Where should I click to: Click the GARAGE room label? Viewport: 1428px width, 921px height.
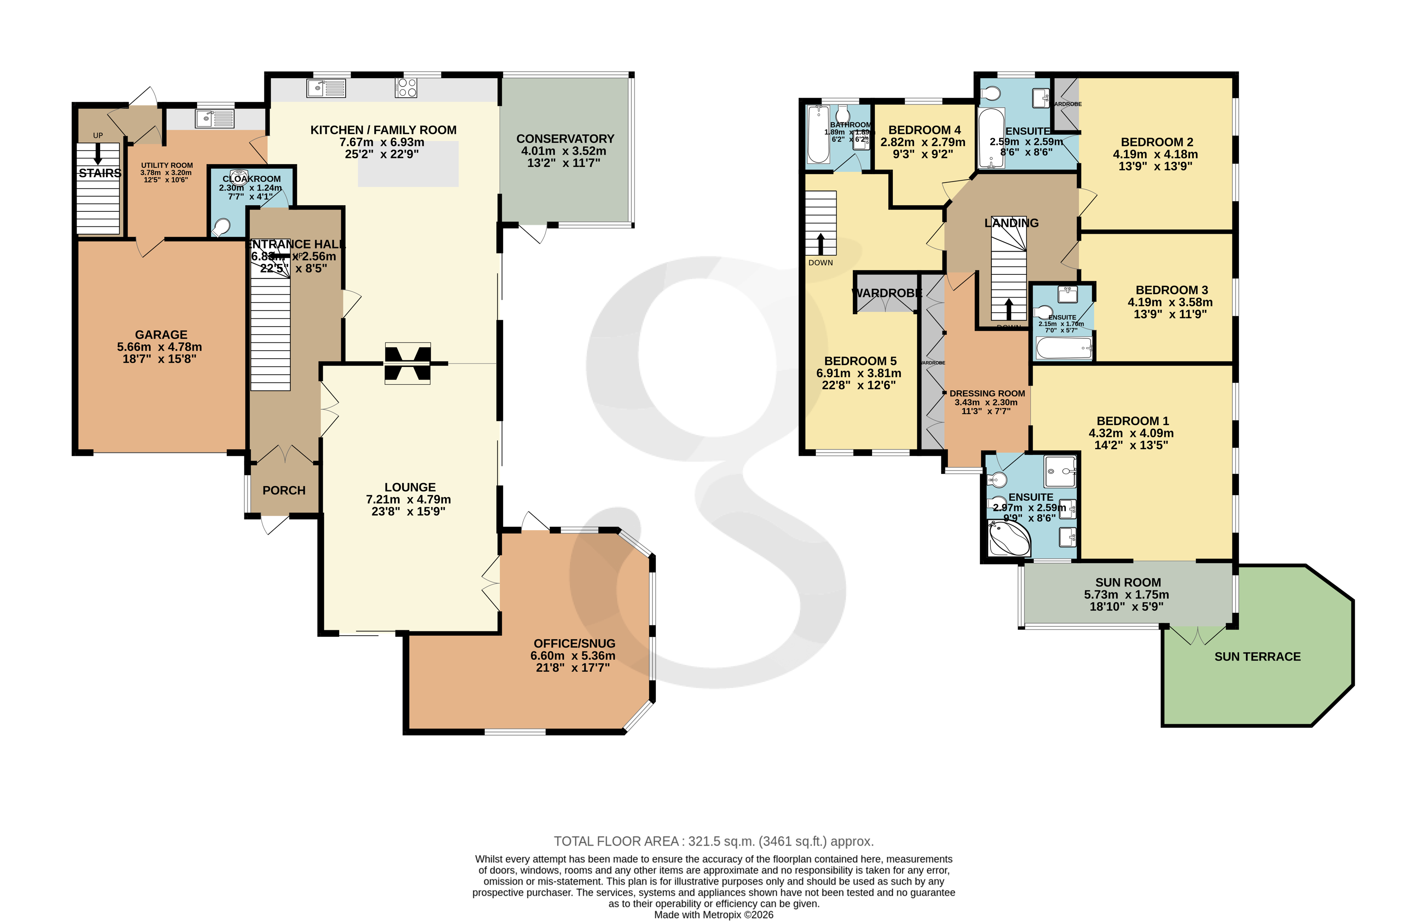(x=161, y=335)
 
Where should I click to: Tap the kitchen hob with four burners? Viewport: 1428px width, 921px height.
(x=406, y=88)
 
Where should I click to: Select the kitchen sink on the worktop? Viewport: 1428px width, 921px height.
(x=326, y=88)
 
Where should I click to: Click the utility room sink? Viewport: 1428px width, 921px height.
(x=214, y=118)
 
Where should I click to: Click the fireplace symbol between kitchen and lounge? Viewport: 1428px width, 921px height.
(x=407, y=364)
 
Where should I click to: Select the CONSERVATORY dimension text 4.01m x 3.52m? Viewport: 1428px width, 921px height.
(x=564, y=151)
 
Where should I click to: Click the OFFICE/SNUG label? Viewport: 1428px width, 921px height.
(x=574, y=643)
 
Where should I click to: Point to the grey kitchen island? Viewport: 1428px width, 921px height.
(x=408, y=164)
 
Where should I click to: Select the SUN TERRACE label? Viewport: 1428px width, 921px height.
(x=1257, y=657)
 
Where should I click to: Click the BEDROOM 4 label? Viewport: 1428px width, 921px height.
(x=924, y=130)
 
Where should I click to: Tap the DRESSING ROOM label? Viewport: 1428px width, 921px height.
(x=987, y=393)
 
